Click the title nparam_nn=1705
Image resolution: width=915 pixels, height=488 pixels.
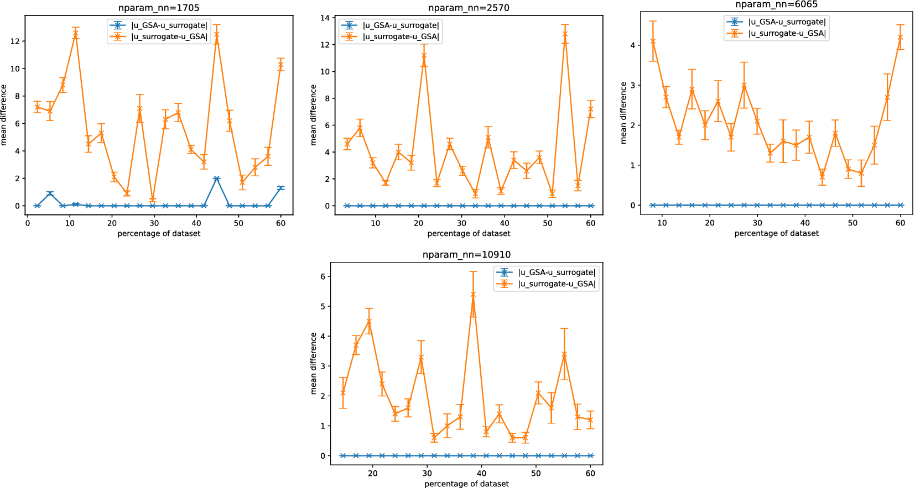(159, 8)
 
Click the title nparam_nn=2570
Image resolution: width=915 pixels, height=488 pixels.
(469, 8)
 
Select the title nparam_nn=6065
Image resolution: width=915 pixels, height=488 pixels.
(776, 4)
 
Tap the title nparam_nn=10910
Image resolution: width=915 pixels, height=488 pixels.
(466, 255)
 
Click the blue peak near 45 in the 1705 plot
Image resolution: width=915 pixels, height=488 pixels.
(217, 179)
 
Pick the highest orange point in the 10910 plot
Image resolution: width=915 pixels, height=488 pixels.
(473, 295)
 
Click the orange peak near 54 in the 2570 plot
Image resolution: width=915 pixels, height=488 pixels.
(565, 34)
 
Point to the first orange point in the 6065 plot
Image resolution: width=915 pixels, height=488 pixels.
(653, 41)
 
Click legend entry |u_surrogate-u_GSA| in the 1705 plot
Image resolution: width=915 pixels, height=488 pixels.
(169, 37)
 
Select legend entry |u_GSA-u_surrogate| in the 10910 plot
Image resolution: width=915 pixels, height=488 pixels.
(557, 272)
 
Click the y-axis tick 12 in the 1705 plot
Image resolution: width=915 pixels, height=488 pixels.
(15, 41)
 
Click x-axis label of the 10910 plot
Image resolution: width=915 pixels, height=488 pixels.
(466, 484)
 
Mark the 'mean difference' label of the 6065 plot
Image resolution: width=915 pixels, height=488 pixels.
(624, 113)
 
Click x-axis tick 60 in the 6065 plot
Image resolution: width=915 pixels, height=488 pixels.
(900, 223)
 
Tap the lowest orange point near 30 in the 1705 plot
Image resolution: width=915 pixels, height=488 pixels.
(152, 200)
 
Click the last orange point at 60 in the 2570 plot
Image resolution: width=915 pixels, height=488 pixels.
(591, 109)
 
